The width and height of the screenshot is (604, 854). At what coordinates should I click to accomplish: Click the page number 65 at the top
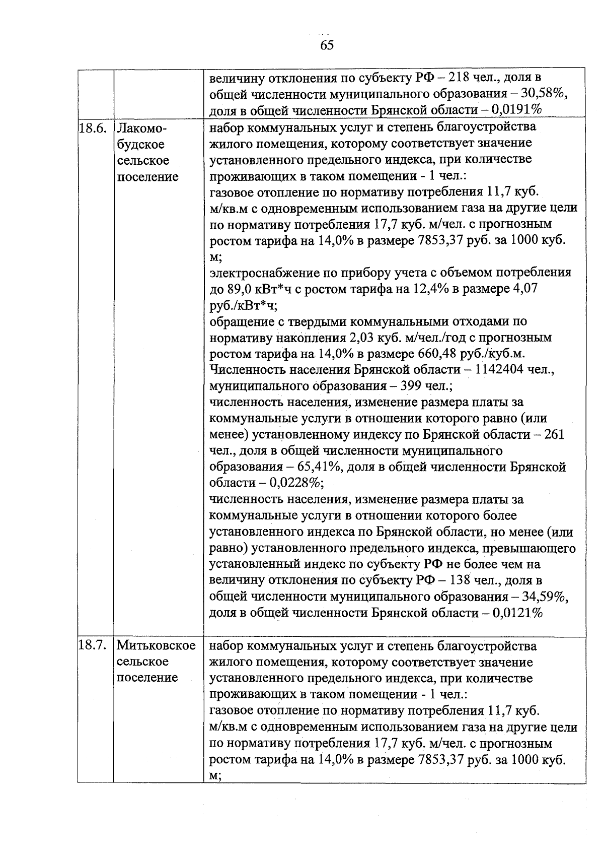coord(327,45)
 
